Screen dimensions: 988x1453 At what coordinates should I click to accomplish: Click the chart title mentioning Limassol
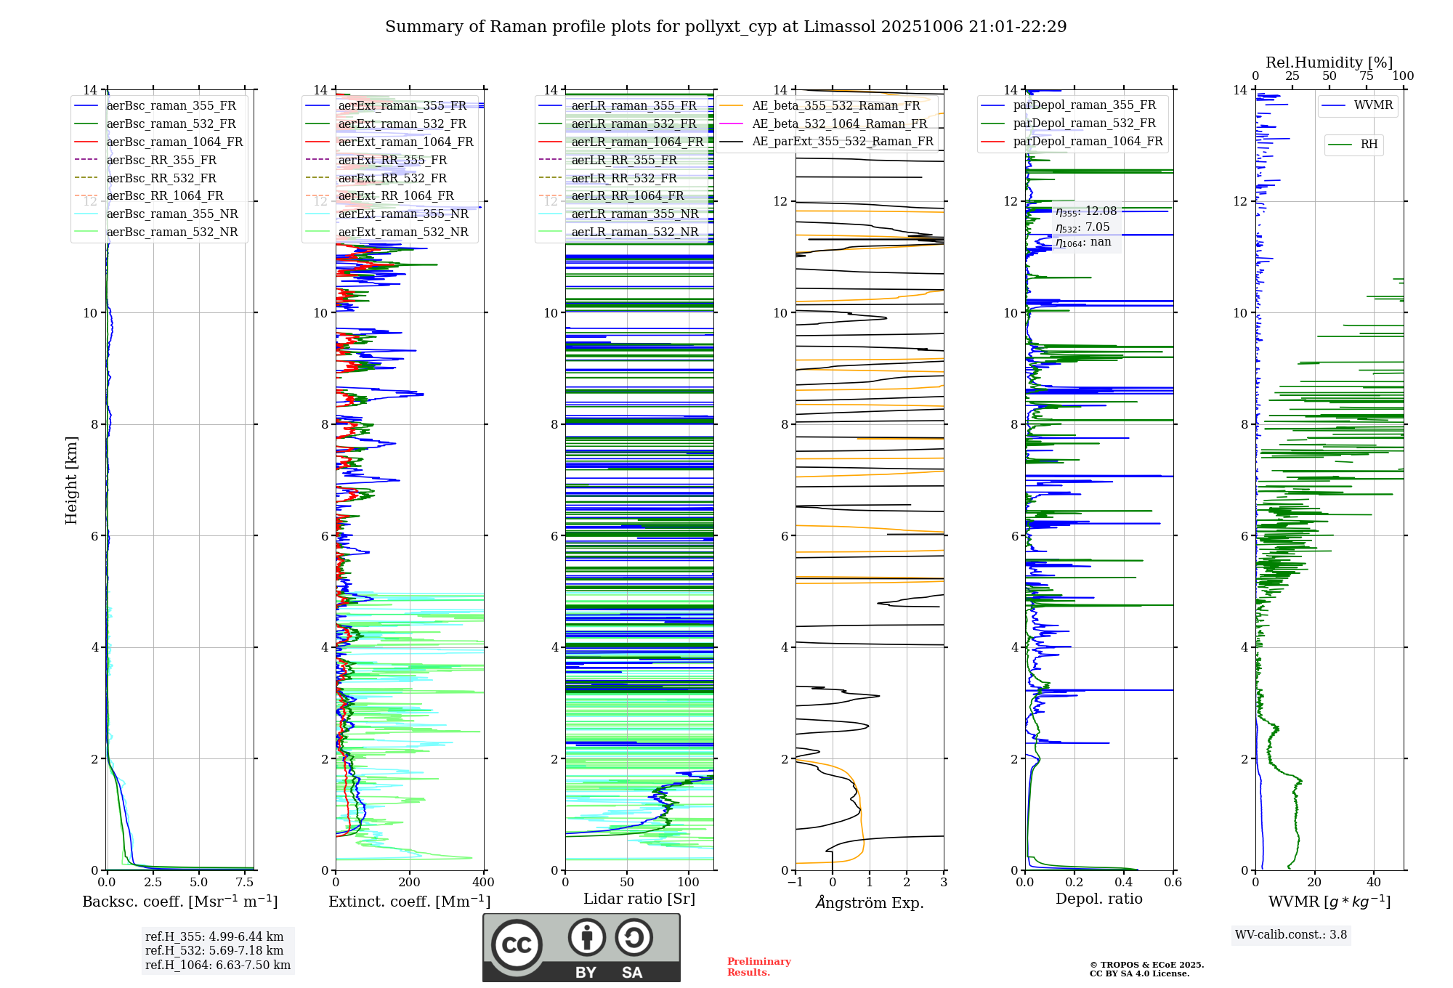click(x=726, y=27)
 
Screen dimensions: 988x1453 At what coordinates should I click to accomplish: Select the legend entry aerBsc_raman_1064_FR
click(x=174, y=142)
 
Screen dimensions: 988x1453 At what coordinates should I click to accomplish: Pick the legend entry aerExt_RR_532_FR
click(x=392, y=178)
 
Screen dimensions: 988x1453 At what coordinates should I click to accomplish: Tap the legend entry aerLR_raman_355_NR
click(x=634, y=214)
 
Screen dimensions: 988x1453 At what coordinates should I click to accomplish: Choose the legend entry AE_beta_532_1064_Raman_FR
click(x=839, y=123)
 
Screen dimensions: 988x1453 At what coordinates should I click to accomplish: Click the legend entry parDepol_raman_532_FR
click(x=1084, y=123)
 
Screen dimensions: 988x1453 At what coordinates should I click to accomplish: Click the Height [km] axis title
click(x=71, y=480)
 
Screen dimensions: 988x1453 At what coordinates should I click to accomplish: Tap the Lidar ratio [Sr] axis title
click(x=639, y=899)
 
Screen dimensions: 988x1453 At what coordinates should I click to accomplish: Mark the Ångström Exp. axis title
click(x=870, y=903)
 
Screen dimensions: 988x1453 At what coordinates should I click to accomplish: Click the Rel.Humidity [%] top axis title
click(x=1329, y=62)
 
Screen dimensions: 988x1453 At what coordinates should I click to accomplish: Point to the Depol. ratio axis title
click(x=1098, y=899)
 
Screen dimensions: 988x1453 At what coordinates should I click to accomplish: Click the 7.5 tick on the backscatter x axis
click(x=245, y=883)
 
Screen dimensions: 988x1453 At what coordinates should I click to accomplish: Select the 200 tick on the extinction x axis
click(x=410, y=883)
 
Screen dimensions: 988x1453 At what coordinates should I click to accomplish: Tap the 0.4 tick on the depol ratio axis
click(x=1124, y=883)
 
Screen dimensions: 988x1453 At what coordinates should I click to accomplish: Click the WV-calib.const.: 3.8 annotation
click(x=1291, y=935)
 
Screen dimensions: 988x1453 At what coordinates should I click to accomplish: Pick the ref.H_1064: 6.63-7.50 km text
click(x=218, y=965)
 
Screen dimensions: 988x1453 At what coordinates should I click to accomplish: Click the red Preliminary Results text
click(x=758, y=967)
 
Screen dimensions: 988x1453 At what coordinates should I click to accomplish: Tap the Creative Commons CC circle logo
click(x=517, y=944)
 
